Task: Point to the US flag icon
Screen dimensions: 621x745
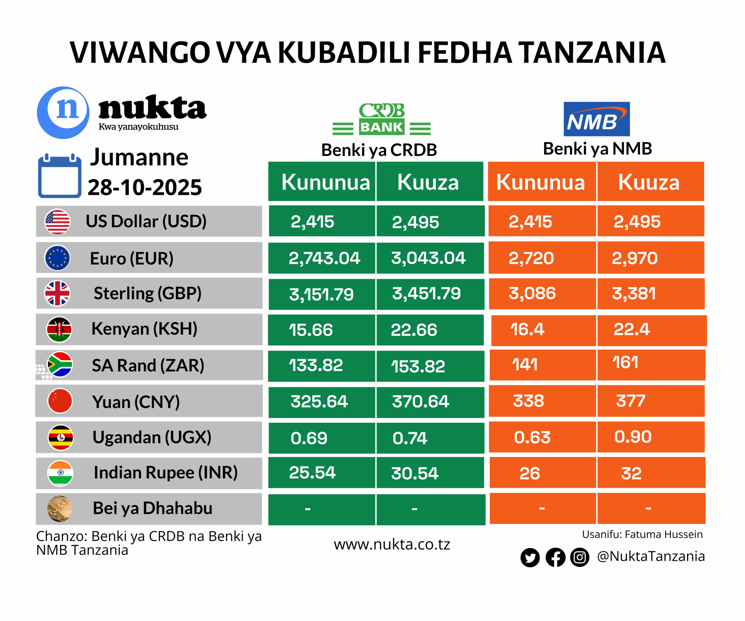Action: pyautogui.click(x=57, y=222)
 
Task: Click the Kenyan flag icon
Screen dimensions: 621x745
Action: pyautogui.click(x=59, y=329)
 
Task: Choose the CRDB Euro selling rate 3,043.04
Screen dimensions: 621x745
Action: pyautogui.click(x=428, y=258)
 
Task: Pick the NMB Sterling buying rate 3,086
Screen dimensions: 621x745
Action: pyautogui.click(x=532, y=293)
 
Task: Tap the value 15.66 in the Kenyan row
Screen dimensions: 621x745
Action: pyautogui.click(x=311, y=330)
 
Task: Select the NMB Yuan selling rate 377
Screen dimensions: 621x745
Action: pyautogui.click(x=630, y=401)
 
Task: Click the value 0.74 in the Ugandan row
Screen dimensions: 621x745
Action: pyautogui.click(x=410, y=438)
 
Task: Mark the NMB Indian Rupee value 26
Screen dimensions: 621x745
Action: pyautogui.click(x=530, y=473)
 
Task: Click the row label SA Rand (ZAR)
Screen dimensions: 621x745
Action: pyautogui.click(x=148, y=365)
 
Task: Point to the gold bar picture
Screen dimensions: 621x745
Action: pyautogui.click(x=60, y=509)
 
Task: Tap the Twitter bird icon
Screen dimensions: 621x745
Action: pyautogui.click(x=530, y=558)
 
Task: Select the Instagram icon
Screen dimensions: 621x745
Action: pyautogui.click(x=580, y=557)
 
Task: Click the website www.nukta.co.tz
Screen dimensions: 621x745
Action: pyautogui.click(x=392, y=544)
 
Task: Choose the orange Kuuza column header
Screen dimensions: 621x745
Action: pyautogui.click(x=649, y=182)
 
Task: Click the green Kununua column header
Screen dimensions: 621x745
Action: pyautogui.click(x=326, y=182)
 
